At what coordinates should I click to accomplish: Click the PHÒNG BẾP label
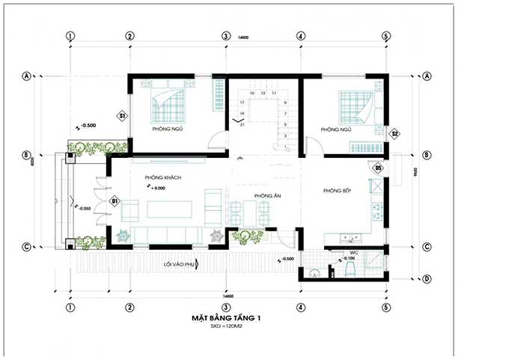pyautogui.click(x=337, y=191)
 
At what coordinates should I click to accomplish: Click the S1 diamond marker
pyautogui.click(x=123, y=116)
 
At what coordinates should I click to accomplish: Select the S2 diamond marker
pyautogui.click(x=396, y=134)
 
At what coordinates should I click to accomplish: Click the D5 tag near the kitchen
pyautogui.click(x=379, y=168)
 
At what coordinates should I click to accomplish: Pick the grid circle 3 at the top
pyautogui.click(x=225, y=35)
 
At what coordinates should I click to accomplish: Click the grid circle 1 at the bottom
pyautogui.click(x=70, y=307)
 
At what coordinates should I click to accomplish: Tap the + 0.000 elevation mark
pyautogui.click(x=157, y=189)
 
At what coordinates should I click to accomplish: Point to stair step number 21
pyautogui.click(x=242, y=125)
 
